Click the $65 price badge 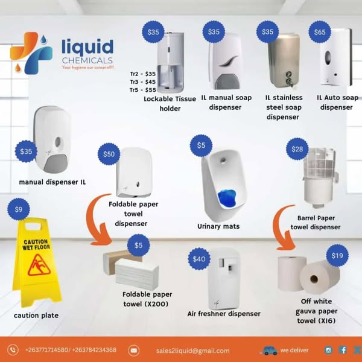click(x=320, y=32)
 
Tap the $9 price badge click(x=19, y=209)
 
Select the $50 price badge click(x=109, y=154)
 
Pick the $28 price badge click(x=297, y=149)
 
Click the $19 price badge click(x=337, y=256)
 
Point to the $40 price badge click(x=198, y=259)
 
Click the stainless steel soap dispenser click(x=284, y=61)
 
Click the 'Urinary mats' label click(x=218, y=226)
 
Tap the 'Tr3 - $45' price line click(x=142, y=81)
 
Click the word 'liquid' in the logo click(x=87, y=46)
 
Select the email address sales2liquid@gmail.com click(x=192, y=351)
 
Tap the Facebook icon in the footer click(x=343, y=350)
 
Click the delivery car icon click(x=269, y=350)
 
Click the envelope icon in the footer click(x=134, y=351)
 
